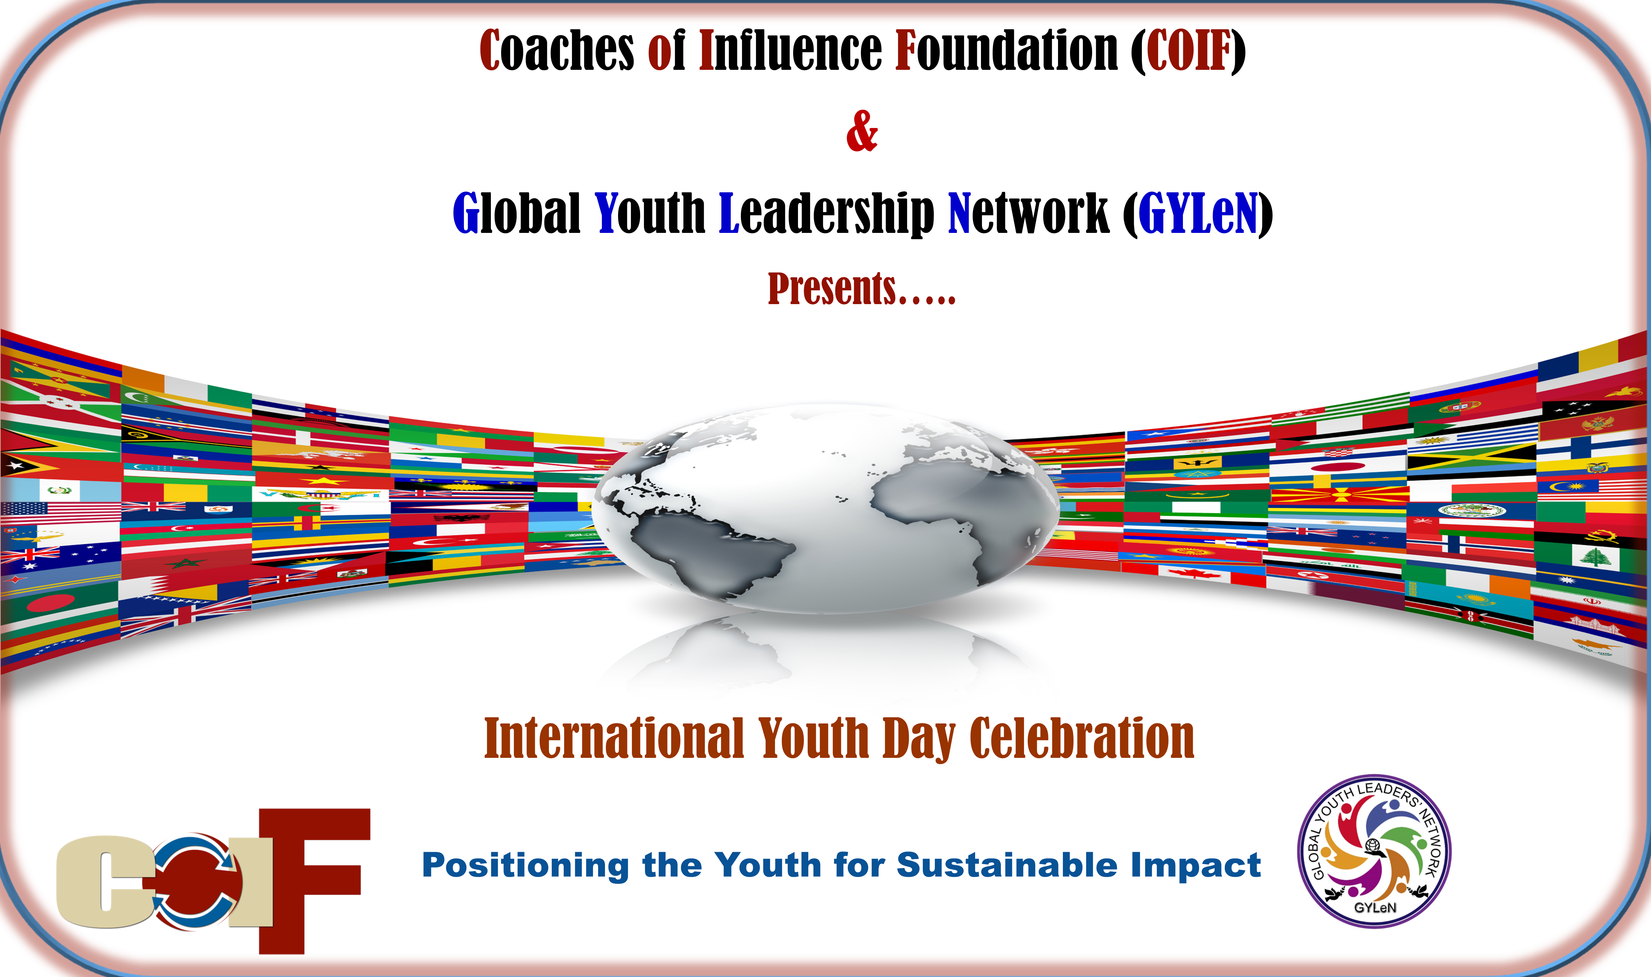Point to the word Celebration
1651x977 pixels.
click(x=1082, y=739)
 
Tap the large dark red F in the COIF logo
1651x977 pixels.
click(x=314, y=881)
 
